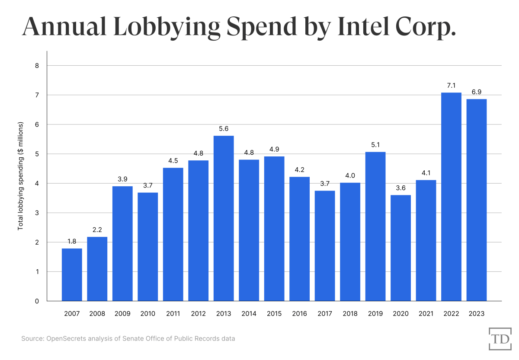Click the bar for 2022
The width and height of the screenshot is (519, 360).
(451, 197)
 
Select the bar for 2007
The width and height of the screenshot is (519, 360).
(72, 274)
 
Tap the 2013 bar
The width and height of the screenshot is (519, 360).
(224, 218)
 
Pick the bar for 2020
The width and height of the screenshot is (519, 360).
(400, 248)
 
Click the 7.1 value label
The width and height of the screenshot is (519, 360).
(451, 86)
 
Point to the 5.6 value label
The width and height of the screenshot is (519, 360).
(224, 129)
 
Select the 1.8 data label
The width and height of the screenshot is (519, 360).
(72, 242)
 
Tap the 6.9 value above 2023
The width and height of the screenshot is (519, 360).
(477, 92)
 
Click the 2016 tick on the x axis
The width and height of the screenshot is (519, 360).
(299, 314)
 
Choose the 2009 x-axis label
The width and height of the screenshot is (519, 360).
(122, 314)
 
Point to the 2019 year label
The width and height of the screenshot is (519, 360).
(375, 314)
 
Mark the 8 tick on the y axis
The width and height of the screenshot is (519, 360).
(37, 66)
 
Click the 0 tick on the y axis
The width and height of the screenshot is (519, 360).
(37, 301)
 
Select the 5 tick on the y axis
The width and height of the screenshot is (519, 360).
(37, 154)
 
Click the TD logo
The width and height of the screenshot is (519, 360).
(500, 338)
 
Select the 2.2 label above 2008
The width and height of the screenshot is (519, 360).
(97, 230)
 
